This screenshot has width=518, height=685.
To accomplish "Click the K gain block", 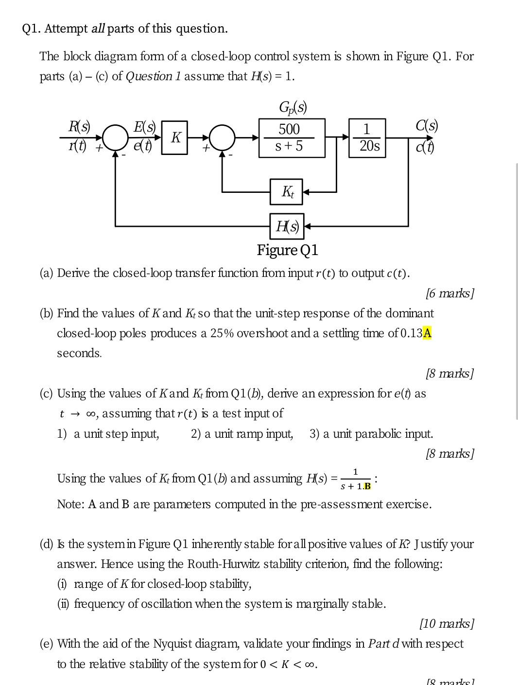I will [175, 138].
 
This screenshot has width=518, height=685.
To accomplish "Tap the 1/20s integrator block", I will [367, 138].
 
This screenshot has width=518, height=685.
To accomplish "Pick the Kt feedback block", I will [287, 191].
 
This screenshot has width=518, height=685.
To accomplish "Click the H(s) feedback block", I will [287, 226].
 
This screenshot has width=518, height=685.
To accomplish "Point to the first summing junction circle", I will [115, 137].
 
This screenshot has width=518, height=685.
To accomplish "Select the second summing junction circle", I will [223, 137].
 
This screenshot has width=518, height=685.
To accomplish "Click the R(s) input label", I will [79, 126].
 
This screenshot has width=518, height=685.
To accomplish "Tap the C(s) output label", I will [427, 125].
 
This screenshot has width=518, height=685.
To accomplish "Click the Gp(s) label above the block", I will [293, 106].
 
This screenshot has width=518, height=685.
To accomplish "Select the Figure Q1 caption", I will [287, 250].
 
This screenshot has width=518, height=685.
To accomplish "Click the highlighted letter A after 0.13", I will [427, 333].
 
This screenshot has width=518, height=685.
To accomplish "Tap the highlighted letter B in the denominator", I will [367, 486].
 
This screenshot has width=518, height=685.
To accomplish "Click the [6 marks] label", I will [449, 293].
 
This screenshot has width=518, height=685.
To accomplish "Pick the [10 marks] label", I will [447, 623].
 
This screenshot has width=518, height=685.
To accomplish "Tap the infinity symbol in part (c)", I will [91, 414].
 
